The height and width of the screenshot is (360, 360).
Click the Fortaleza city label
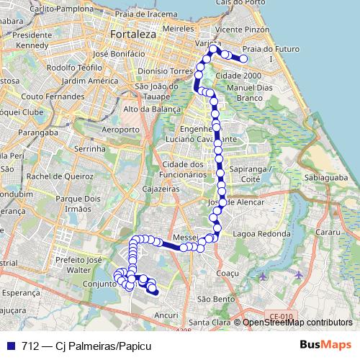coord(133,34)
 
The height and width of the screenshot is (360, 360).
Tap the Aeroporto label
coord(116,129)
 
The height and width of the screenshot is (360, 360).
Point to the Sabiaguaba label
coord(326,176)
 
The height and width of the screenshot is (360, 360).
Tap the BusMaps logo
coord(325,346)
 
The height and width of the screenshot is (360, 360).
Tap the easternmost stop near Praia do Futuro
coord(244,59)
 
